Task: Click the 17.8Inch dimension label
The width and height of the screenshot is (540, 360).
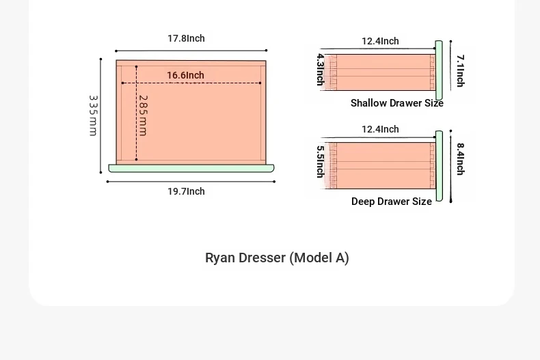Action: (186, 38)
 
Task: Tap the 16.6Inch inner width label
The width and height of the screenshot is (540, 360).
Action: (186, 75)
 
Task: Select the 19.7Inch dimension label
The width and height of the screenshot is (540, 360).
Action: (186, 191)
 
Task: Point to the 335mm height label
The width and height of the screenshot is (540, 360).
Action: (94, 115)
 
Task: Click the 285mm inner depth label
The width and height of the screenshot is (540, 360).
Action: (144, 115)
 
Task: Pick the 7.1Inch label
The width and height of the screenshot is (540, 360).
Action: (461, 70)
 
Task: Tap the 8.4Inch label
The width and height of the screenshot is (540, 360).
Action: (461, 159)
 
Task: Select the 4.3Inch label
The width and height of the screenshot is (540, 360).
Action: (321, 70)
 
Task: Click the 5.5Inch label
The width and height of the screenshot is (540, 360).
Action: (321, 162)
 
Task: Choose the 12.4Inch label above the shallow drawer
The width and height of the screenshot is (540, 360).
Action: (380, 41)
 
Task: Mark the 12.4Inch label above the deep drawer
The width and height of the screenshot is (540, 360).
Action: (380, 129)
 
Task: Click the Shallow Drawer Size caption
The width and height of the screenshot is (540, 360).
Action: (396, 103)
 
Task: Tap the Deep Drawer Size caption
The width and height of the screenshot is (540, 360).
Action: (392, 202)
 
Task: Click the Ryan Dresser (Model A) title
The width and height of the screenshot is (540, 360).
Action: (278, 258)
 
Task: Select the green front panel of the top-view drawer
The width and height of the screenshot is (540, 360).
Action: (191, 168)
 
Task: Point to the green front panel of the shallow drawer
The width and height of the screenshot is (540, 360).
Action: (439, 70)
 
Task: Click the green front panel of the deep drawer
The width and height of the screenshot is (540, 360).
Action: (439, 166)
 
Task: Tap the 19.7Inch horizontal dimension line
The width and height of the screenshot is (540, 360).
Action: (191, 182)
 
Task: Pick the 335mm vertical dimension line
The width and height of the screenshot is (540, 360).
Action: (100, 115)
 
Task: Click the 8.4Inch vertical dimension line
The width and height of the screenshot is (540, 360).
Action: (451, 166)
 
